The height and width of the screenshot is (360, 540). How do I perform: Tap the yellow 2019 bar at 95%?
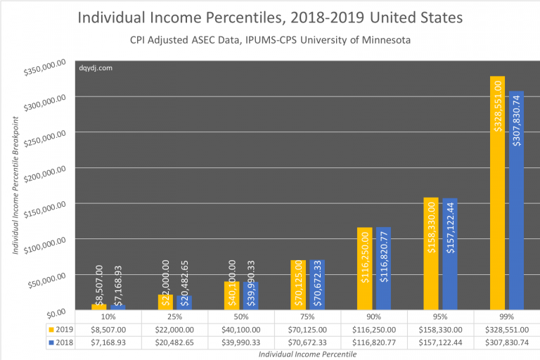click(x=431, y=254)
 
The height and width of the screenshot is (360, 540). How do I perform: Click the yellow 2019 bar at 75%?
click(x=298, y=285)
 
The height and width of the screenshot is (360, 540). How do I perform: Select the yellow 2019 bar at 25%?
click(x=165, y=302)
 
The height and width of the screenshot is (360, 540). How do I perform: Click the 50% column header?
click(x=241, y=317)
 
